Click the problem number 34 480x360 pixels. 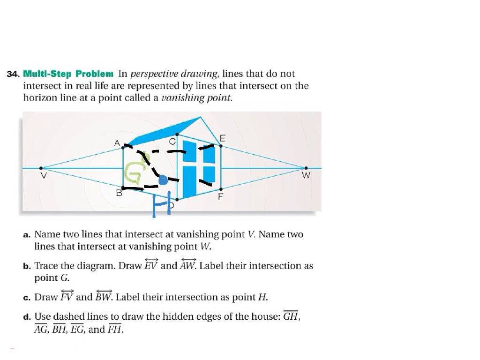pyautogui.click(x=13, y=74)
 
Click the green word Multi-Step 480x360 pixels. pyautogui.click(x=47, y=74)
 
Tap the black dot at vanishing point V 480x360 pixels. pyautogui.click(x=41, y=168)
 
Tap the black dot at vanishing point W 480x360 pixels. pyautogui.click(x=306, y=168)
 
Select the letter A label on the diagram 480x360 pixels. pyautogui.click(x=117, y=142)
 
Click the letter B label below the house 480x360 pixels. pyautogui.click(x=119, y=193)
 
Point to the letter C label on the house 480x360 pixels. pyautogui.click(x=172, y=142)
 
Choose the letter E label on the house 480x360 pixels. pyautogui.click(x=223, y=138)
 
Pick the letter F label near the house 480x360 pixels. pyautogui.click(x=220, y=196)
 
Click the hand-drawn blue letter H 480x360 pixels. pyautogui.click(x=161, y=204)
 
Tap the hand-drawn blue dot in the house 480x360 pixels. pyautogui.click(x=163, y=180)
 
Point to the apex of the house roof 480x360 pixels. pyautogui.click(x=200, y=117)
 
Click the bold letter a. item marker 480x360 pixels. pyautogui.click(x=27, y=235)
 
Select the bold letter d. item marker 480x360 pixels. pyautogui.click(x=27, y=317)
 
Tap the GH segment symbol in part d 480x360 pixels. pyautogui.click(x=291, y=315)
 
